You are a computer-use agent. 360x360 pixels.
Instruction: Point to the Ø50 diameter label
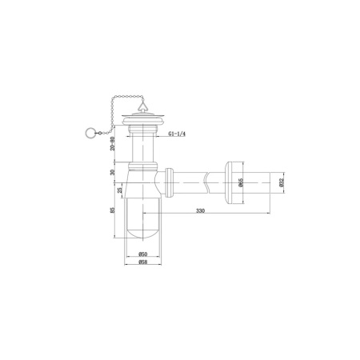142,254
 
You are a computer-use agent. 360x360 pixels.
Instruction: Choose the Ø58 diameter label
142,262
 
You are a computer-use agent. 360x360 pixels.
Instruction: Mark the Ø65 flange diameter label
240,182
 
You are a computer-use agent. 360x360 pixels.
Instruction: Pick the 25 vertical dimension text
121,190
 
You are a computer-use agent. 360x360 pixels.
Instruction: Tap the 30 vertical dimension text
114,172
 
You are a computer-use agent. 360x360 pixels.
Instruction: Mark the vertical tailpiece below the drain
142,148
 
